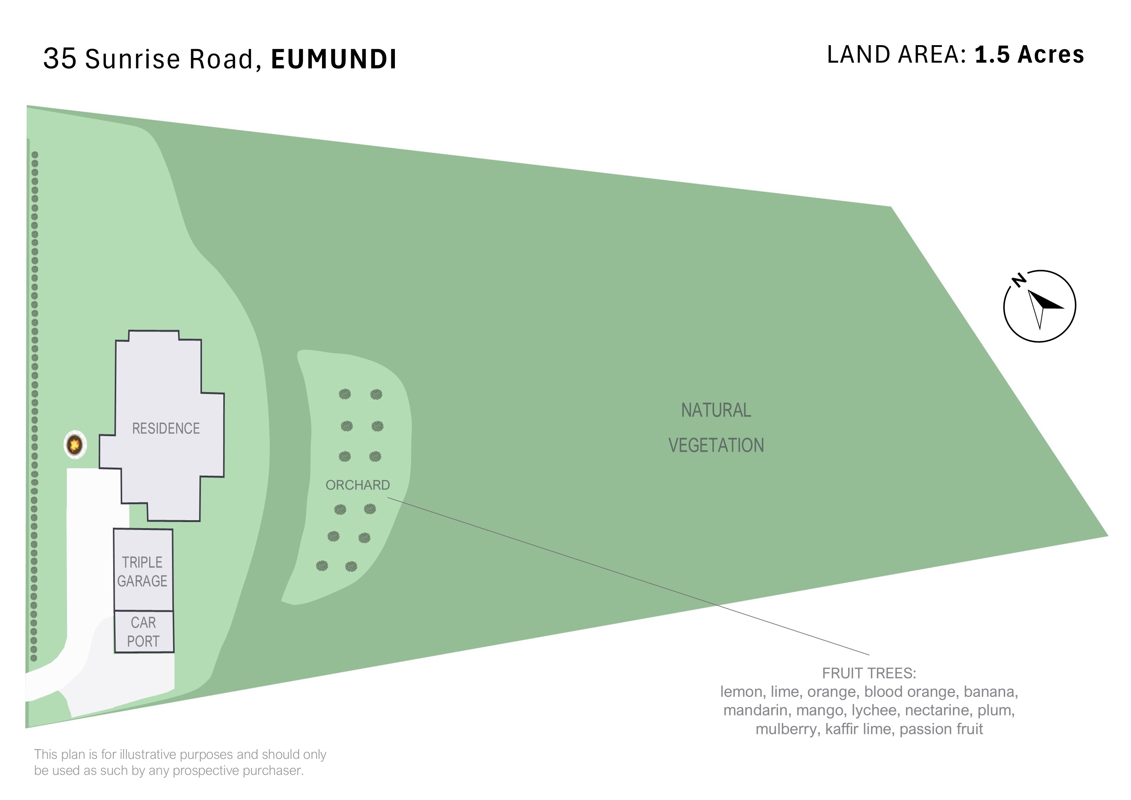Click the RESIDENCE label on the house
click(166, 428)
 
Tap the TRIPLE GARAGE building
click(143, 570)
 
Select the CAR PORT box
click(144, 632)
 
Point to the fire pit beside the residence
click(75, 445)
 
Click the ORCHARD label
click(358, 485)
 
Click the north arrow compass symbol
click(1039, 306)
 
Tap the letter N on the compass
click(1019, 280)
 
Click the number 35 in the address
click(60, 59)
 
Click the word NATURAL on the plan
click(716, 410)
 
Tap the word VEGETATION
click(716, 445)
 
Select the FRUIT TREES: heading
click(869, 673)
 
